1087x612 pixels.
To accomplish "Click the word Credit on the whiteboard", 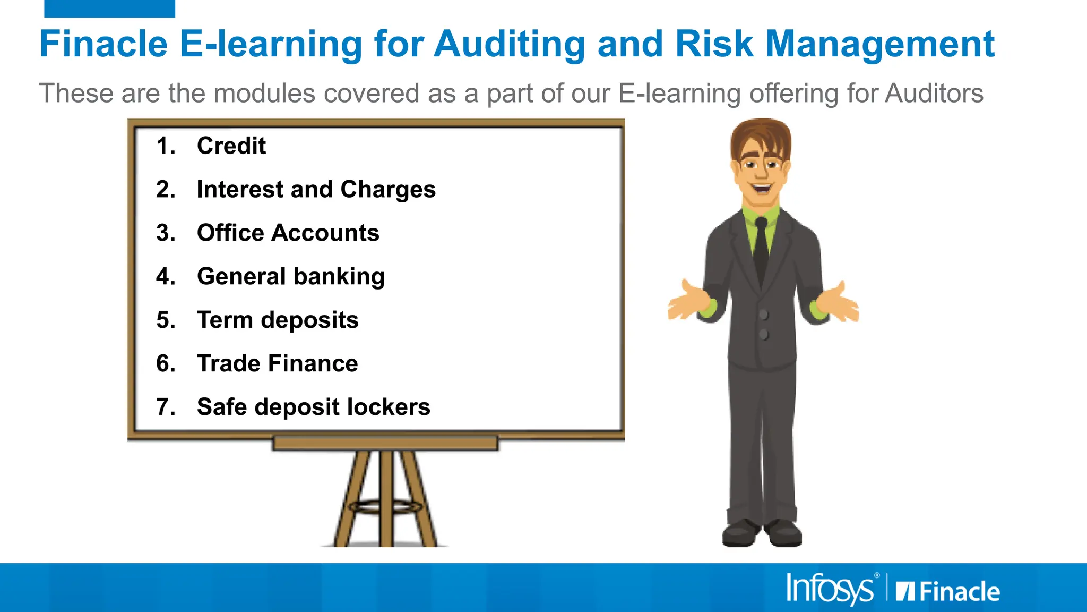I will click(231, 146).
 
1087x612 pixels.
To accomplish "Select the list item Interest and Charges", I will click(316, 190).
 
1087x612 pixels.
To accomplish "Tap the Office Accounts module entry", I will click(288, 233).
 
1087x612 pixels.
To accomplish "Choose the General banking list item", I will click(290, 277).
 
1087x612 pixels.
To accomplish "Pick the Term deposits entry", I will click(278, 320).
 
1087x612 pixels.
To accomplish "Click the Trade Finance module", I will click(277, 364).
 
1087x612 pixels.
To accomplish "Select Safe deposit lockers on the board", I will click(313, 407).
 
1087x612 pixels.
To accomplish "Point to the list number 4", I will click(165, 277).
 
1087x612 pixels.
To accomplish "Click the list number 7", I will click(165, 407).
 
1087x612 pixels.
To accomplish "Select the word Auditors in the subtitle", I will click(934, 93).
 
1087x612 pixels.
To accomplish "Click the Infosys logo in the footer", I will click(830, 589).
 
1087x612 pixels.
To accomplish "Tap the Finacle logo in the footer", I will click(948, 591).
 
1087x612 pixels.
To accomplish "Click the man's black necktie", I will click(761, 250).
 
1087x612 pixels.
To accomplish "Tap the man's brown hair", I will click(760, 136).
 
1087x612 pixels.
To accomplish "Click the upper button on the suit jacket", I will click(764, 315).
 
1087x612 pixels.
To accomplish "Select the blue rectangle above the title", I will click(109, 8).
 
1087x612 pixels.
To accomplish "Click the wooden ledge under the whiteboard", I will click(385, 443).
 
